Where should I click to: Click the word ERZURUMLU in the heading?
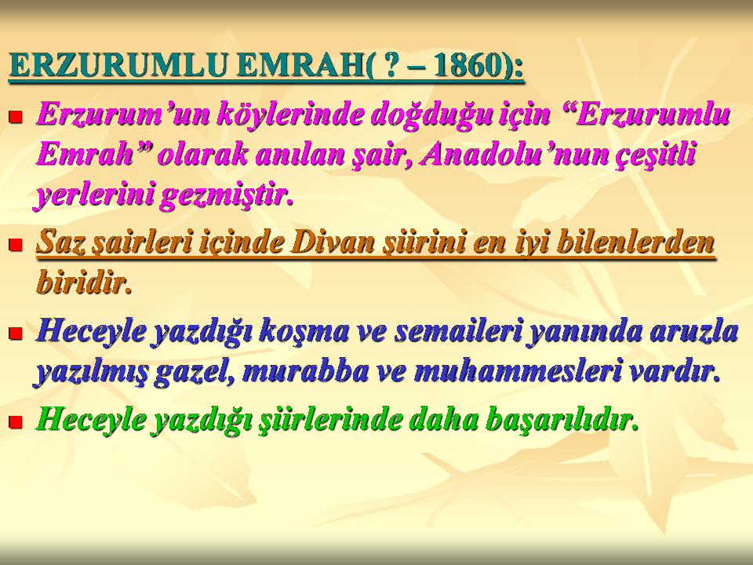click(x=118, y=65)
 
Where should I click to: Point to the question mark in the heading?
click(x=392, y=65)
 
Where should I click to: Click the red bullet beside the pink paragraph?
click(x=16, y=117)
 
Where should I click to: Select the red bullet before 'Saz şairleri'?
click(x=16, y=245)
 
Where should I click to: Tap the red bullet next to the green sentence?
click(x=16, y=422)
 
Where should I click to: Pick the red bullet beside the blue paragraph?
click(x=16, y=333)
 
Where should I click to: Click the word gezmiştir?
click(x=226, y=196)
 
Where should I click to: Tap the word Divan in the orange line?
click(x=332, y=242)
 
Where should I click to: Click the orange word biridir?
click(x=85, y=282)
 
